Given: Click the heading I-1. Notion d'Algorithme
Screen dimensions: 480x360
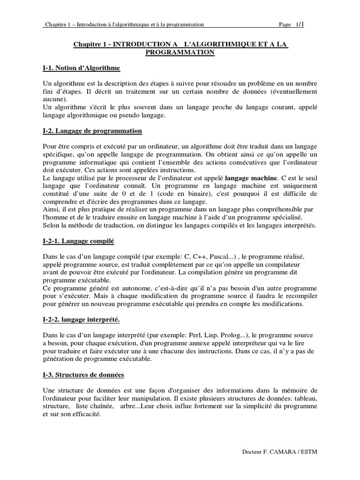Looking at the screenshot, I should pyautogui.click(x=81, y=68).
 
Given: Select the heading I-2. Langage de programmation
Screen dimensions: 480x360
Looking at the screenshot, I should pyautogui.click(x=92, y=130).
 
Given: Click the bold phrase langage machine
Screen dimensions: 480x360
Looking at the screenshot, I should pyautogui.click(x=251, y=179).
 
